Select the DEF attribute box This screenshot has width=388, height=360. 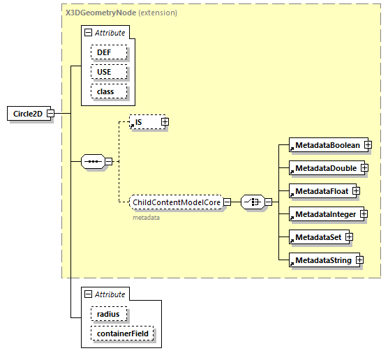[108, 52]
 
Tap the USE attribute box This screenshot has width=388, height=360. [108, 72]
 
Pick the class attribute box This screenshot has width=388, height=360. [108, 91]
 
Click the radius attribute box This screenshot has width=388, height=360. [108, 315]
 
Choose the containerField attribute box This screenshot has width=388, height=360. [122, 334]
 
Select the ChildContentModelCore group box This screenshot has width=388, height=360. [177, 202]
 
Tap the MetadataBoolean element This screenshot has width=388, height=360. [326, 145]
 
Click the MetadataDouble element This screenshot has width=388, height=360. [324, 168]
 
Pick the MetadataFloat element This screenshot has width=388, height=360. [320, 190]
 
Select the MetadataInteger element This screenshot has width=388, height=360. [324, 214]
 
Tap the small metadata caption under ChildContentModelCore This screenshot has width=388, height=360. [147, 218]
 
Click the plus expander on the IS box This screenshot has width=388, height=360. [165, 122]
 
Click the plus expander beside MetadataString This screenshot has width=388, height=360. [359, 260]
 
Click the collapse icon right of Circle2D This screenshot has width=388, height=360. [50, 114]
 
